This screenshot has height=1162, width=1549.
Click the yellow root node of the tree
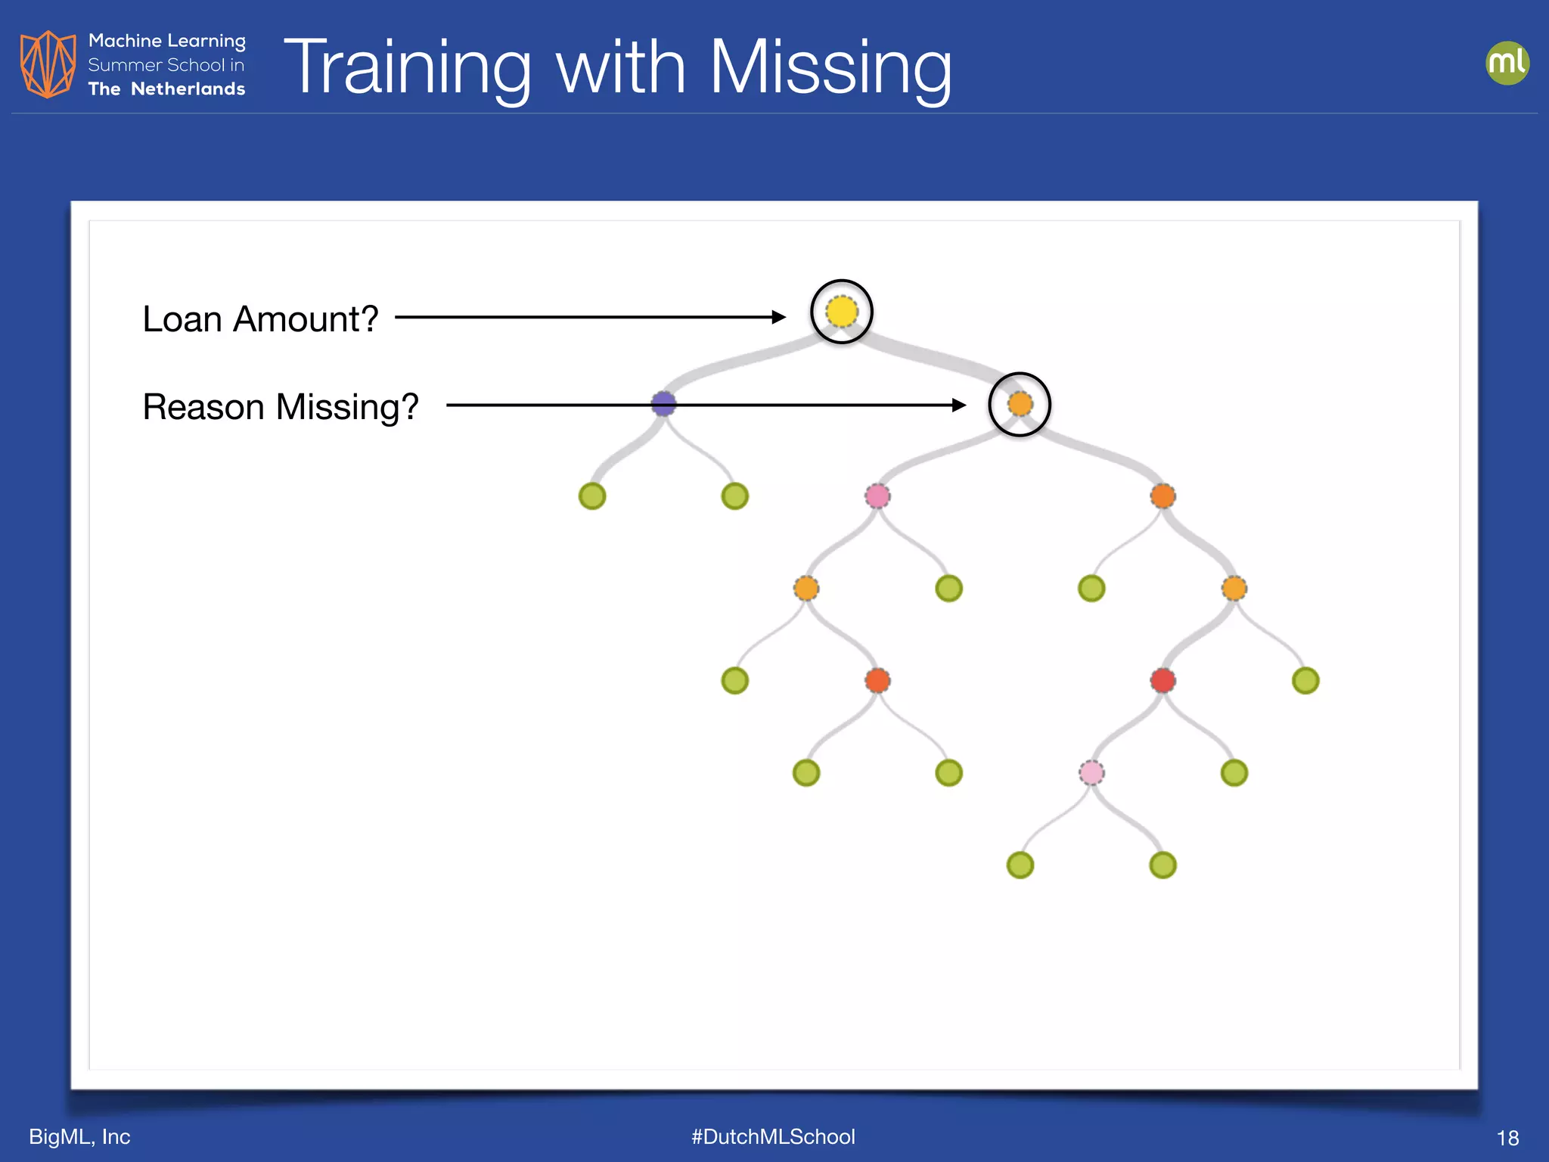842,312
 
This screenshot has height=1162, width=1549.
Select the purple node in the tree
663,403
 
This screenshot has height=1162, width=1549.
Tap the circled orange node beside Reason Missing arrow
1020,404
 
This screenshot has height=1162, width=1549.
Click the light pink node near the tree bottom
1091,772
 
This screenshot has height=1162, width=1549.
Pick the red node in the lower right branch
1163,680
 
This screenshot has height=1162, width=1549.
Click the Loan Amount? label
260,318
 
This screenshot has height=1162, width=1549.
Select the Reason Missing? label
281,407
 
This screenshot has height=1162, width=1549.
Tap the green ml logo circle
1507,63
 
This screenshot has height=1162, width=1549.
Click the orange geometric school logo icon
48,64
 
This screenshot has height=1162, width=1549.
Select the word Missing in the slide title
830,68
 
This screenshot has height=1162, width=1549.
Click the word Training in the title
408,68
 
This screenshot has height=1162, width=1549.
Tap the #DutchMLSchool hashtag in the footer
773,1136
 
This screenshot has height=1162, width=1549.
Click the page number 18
1507,1138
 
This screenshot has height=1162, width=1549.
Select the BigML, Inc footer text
79,1136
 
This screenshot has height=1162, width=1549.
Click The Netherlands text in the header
166,89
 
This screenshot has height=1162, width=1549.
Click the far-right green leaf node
1305,680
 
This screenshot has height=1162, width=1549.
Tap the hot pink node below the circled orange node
877,496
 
